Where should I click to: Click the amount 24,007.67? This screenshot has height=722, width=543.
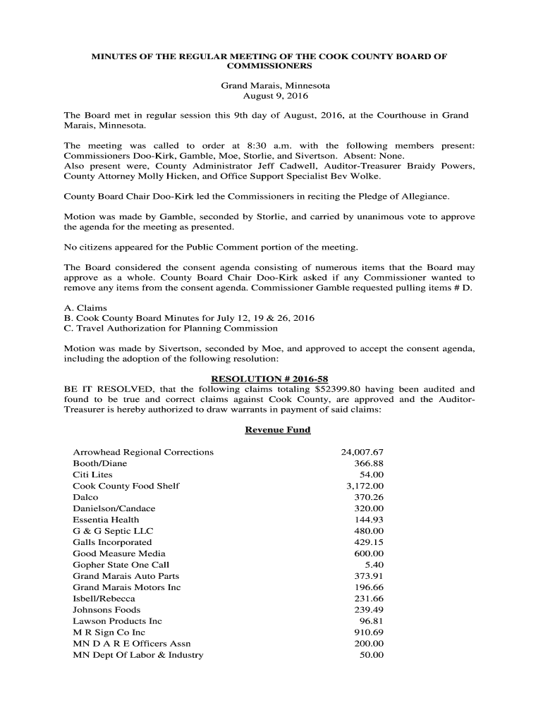(362, 452)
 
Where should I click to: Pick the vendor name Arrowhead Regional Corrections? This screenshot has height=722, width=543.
(143, 452)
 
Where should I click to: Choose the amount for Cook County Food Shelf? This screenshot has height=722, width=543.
(365, 486)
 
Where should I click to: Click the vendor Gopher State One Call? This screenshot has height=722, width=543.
(121, 565)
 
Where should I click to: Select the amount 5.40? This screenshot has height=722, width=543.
(374, 565)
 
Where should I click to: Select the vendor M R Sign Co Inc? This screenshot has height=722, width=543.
(109, 632)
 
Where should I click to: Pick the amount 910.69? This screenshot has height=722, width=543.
(369, 632)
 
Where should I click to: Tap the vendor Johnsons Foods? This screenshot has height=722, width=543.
(106, 610)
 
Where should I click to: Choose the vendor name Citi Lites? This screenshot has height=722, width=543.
(92, 475)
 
